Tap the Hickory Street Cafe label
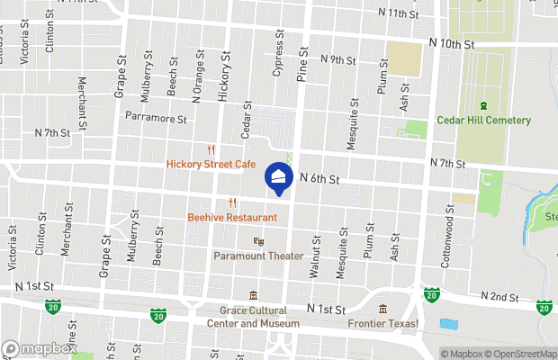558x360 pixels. (211, 165)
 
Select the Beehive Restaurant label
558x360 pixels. (232, 217)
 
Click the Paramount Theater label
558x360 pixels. (258, 256)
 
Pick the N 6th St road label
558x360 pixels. (319, 179)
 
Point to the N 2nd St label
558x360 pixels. (500, 296)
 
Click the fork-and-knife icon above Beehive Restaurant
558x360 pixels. (232, 202)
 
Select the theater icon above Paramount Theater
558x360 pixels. (258, 241)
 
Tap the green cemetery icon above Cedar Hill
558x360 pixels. (483, 106)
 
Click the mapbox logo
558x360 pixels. (39, 348)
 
